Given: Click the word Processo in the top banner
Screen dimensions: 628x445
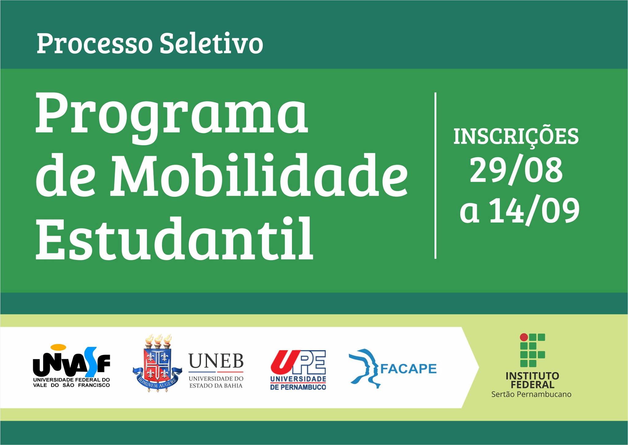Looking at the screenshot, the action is click(x=94, y=44).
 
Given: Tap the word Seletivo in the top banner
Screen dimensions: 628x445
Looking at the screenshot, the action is click(x=211, y=43).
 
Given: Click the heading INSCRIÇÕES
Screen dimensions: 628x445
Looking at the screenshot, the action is click(x=516, y=137).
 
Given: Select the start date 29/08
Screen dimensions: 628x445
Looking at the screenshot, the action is click(x=516, y=171).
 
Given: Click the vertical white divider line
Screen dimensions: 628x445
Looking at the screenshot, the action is click(x=435, y=175).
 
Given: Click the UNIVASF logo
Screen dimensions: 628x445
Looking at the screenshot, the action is click(x=71, y=366).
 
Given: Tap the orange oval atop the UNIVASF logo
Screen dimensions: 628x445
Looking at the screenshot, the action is click(x=58, y=347).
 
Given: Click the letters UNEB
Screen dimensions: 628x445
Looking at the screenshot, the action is click(x=216, y=361).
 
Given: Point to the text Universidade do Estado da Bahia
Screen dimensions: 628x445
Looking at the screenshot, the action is click(x=216, y=382).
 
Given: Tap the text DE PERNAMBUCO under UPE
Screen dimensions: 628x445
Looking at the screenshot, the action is click(x=298, y=387).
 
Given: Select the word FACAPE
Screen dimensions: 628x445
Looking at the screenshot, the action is click(x=408, y=368).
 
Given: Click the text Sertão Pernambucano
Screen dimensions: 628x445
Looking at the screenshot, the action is click(x=531, y=394).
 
